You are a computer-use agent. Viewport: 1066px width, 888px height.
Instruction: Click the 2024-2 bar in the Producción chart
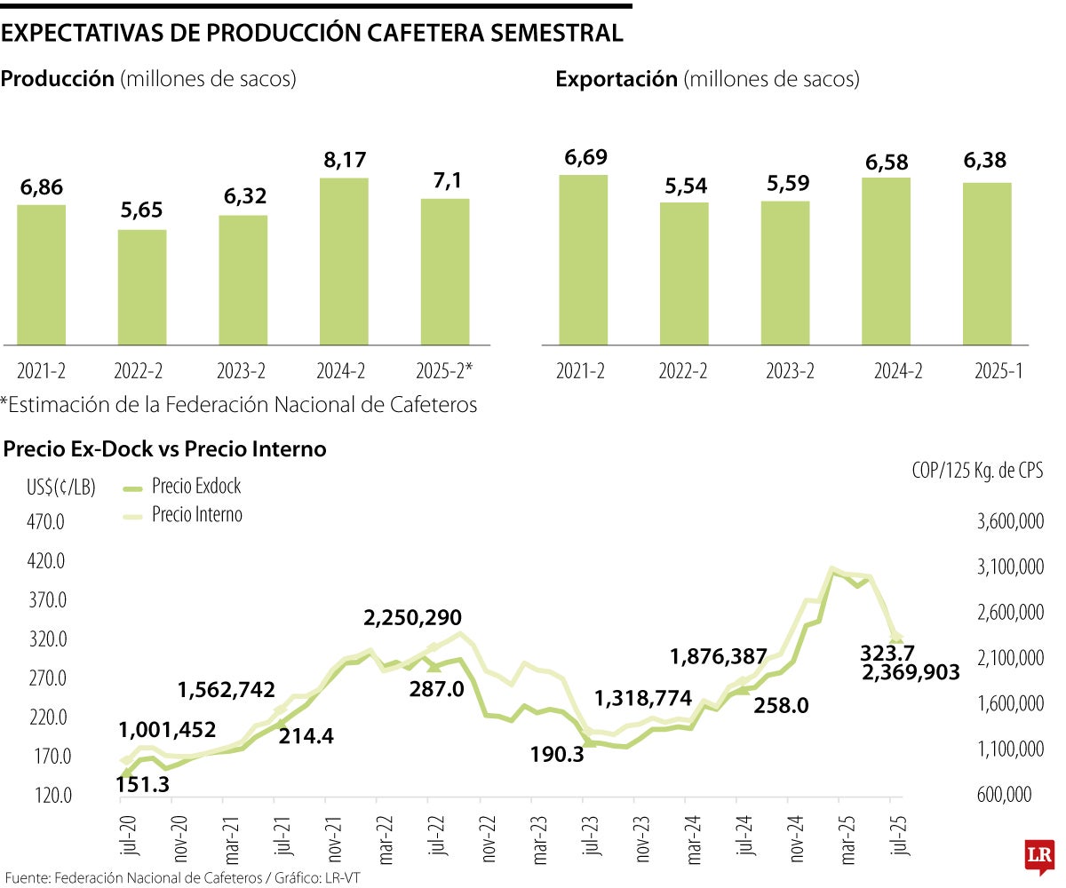coord(344,261)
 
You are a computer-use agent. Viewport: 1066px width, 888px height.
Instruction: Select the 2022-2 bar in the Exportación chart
coord(684,274)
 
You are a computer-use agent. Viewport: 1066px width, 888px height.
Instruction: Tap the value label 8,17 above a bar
coord(344,161)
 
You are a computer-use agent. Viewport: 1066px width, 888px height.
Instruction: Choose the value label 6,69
coord(583,157)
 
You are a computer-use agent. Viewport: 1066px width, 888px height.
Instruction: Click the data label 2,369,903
coord(911,673)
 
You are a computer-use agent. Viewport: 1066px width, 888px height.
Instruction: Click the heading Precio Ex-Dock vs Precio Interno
coord(164,449)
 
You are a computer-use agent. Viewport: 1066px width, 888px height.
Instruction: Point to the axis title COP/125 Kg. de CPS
coord(976,471)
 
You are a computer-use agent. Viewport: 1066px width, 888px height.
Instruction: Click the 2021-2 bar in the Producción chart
coord(41,274)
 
